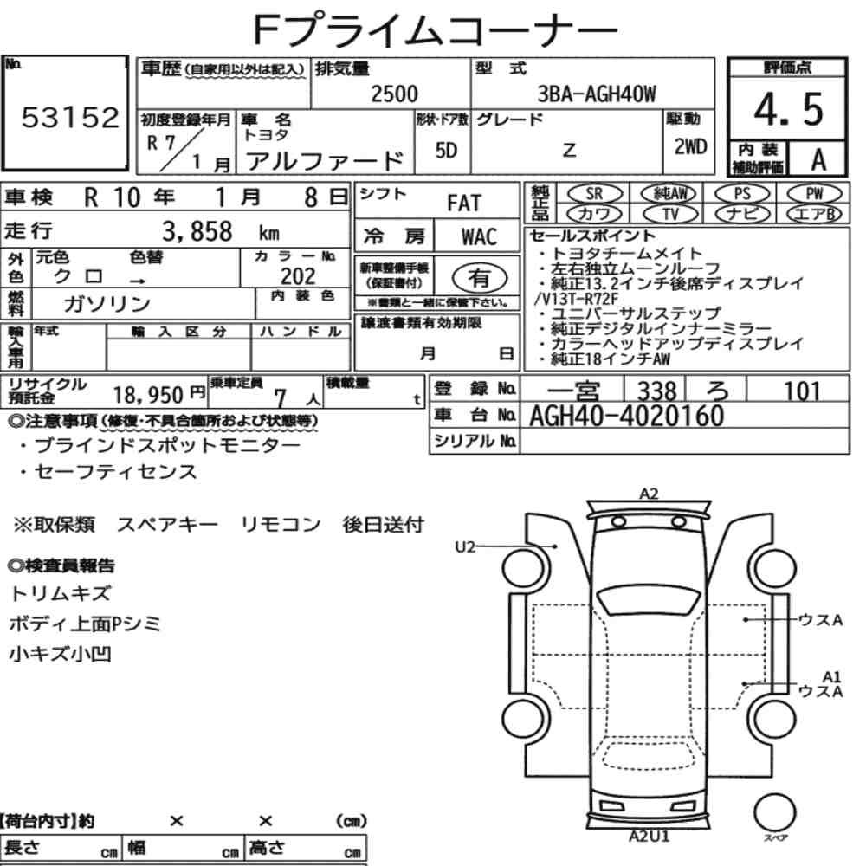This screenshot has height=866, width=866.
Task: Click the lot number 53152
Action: click(x=70, y=117)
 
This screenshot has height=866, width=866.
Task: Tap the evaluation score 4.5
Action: click(x=788, y=109)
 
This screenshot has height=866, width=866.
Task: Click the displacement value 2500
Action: click(x=394, y=94)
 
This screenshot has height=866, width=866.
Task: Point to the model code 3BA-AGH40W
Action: click(x=597, y=94)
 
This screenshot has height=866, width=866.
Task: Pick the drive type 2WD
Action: click(x=690, y=147)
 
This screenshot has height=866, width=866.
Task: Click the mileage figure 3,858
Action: click(x=197, y=231)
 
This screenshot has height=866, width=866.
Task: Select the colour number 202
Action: click(x=298, y=275)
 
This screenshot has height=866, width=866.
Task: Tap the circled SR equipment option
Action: click(x=594, y=193)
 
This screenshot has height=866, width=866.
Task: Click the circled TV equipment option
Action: click(x=670, y=214)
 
